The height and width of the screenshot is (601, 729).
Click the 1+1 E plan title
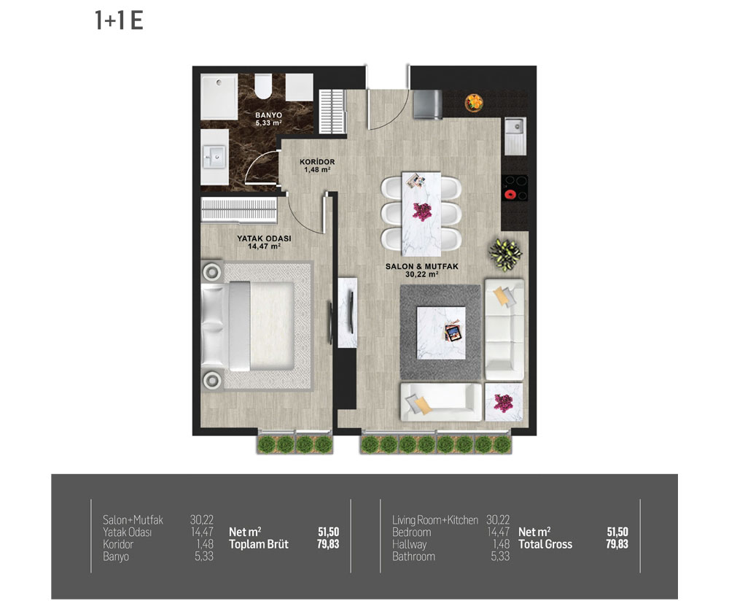point(119,21)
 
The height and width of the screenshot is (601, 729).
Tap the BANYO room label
point(269,115)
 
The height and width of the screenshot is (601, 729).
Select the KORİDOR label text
point(317,162)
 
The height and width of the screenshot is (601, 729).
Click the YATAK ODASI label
point(264,239)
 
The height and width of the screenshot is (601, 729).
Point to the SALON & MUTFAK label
point(421,266)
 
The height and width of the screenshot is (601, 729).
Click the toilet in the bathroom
point(264,86)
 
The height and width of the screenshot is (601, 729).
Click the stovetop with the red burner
point(514,188)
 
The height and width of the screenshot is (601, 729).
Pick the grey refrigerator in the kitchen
point(428,104)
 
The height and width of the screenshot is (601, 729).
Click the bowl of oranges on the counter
point(474,103)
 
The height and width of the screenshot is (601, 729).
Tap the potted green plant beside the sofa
point(505,254)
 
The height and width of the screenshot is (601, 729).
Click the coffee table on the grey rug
point(441,332)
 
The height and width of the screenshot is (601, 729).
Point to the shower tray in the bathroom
point(219,97)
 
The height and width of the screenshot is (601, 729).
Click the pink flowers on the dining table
point(422,212)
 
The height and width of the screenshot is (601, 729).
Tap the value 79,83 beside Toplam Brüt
point(328,544)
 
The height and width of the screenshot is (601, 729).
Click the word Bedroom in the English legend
point(411,532)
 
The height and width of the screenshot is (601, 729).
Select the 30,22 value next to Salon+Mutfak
point(201,520)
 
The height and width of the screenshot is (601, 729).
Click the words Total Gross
point(545,544)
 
